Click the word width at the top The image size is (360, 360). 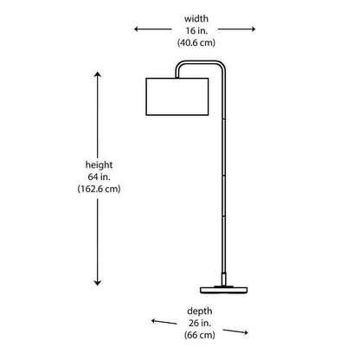[196, 19]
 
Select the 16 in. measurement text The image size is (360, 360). [196, 30]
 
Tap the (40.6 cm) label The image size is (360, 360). [196, 42]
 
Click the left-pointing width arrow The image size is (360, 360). [153, 29]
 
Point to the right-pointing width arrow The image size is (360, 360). [236, 29]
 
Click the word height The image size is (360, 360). [99, 165]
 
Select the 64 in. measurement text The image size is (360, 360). [99, 177]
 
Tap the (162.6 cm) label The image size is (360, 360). [99, 189]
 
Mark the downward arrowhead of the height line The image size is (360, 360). [98, 283]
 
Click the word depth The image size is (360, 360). [200, 312]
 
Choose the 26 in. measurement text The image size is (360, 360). [200, 323]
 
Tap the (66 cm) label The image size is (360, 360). [200, 335]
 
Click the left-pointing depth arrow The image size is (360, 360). [164, 322]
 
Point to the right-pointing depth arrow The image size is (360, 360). [235, 331]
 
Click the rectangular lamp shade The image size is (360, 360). [177, 97]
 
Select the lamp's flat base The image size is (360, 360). [224, 290]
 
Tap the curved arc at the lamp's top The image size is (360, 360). [200, 61]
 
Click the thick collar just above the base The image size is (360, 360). [224, 279]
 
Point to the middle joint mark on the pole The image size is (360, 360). [224, 175]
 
